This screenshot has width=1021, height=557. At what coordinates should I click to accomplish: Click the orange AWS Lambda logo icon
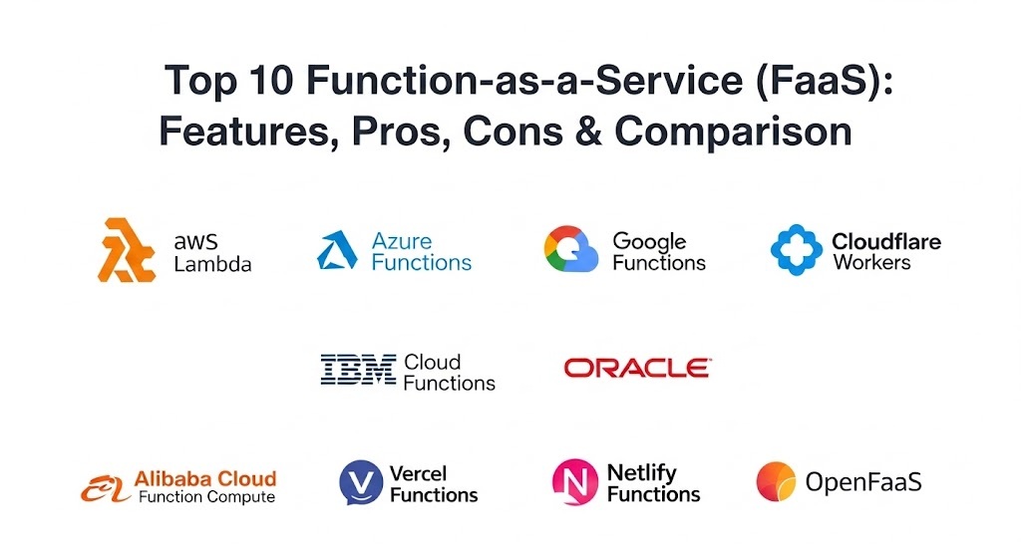click(x=127, y=250)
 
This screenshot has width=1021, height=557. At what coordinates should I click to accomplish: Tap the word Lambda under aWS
click(x=212, y=263)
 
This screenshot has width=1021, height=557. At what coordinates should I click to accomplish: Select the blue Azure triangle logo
click(x=337, y=250)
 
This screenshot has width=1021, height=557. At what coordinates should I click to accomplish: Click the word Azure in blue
click(x=402, y=241)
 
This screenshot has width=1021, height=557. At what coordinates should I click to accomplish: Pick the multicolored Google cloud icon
click(x=571, y=248)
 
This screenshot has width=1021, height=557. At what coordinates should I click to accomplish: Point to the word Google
click(x=649, y=242)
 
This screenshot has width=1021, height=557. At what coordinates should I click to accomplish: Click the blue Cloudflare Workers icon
click(x=797, y=250)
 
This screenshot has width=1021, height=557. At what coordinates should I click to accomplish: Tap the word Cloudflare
click(x=886, y=241)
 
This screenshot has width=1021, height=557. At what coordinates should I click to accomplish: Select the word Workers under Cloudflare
click(x=871, y=262)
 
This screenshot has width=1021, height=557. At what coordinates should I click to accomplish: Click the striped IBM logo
click(x=358, y=370)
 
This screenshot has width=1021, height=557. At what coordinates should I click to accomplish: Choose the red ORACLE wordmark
click(x=637, y=368)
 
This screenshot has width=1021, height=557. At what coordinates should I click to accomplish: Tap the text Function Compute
click(x=206, y=497)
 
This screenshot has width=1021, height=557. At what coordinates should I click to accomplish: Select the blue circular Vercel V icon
click(x=361, y=483)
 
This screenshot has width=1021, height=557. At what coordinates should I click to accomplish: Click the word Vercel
click(x=418, y=473)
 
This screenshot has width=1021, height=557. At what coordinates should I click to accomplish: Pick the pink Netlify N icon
click(x=575, y=482)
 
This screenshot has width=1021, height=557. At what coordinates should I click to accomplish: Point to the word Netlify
click(x=641, y=473)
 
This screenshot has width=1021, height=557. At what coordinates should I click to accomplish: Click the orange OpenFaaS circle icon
click(x=776, y=481)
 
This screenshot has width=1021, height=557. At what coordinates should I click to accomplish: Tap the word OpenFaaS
click(x=863, y=482)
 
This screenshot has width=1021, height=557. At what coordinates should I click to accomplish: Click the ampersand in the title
click(x=588, y=131)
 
